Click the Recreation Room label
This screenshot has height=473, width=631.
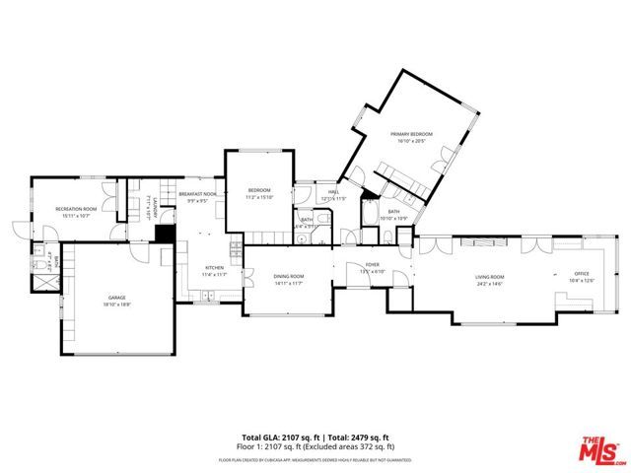point(76,209)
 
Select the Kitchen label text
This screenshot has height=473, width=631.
point(215,268)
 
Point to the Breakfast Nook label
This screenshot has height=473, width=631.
point(197,195)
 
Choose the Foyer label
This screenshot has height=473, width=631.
point(373,265)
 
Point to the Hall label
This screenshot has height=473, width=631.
point(333,192)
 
